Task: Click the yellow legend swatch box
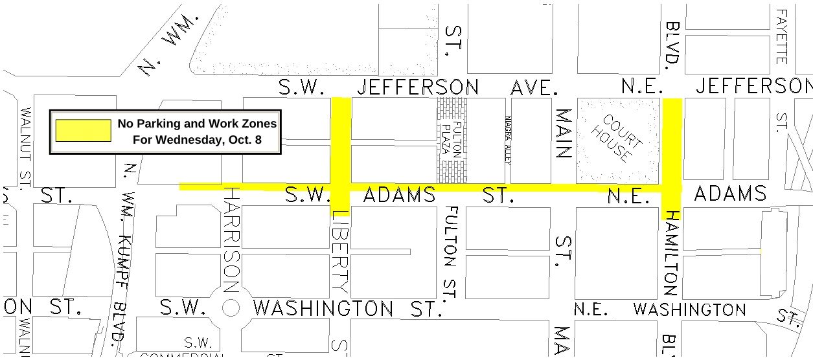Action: point(83,130)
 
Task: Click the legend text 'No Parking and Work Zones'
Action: point(197,124)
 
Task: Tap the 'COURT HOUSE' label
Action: point(617,139)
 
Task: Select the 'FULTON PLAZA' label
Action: point(452,140)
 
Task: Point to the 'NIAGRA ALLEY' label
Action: point(508,141)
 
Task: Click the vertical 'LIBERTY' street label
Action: point(341,250)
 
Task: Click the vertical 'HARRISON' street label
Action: point(231,240)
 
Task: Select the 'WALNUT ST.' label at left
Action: point(26,148)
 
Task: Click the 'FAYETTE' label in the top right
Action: point(782,36)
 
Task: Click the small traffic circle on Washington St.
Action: point(231,308)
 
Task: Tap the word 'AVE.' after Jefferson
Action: point(534,88)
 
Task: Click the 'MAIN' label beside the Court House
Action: point(564,134)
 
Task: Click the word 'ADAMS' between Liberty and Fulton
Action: point(399,194)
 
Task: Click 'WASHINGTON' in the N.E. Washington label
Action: point(689,309)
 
